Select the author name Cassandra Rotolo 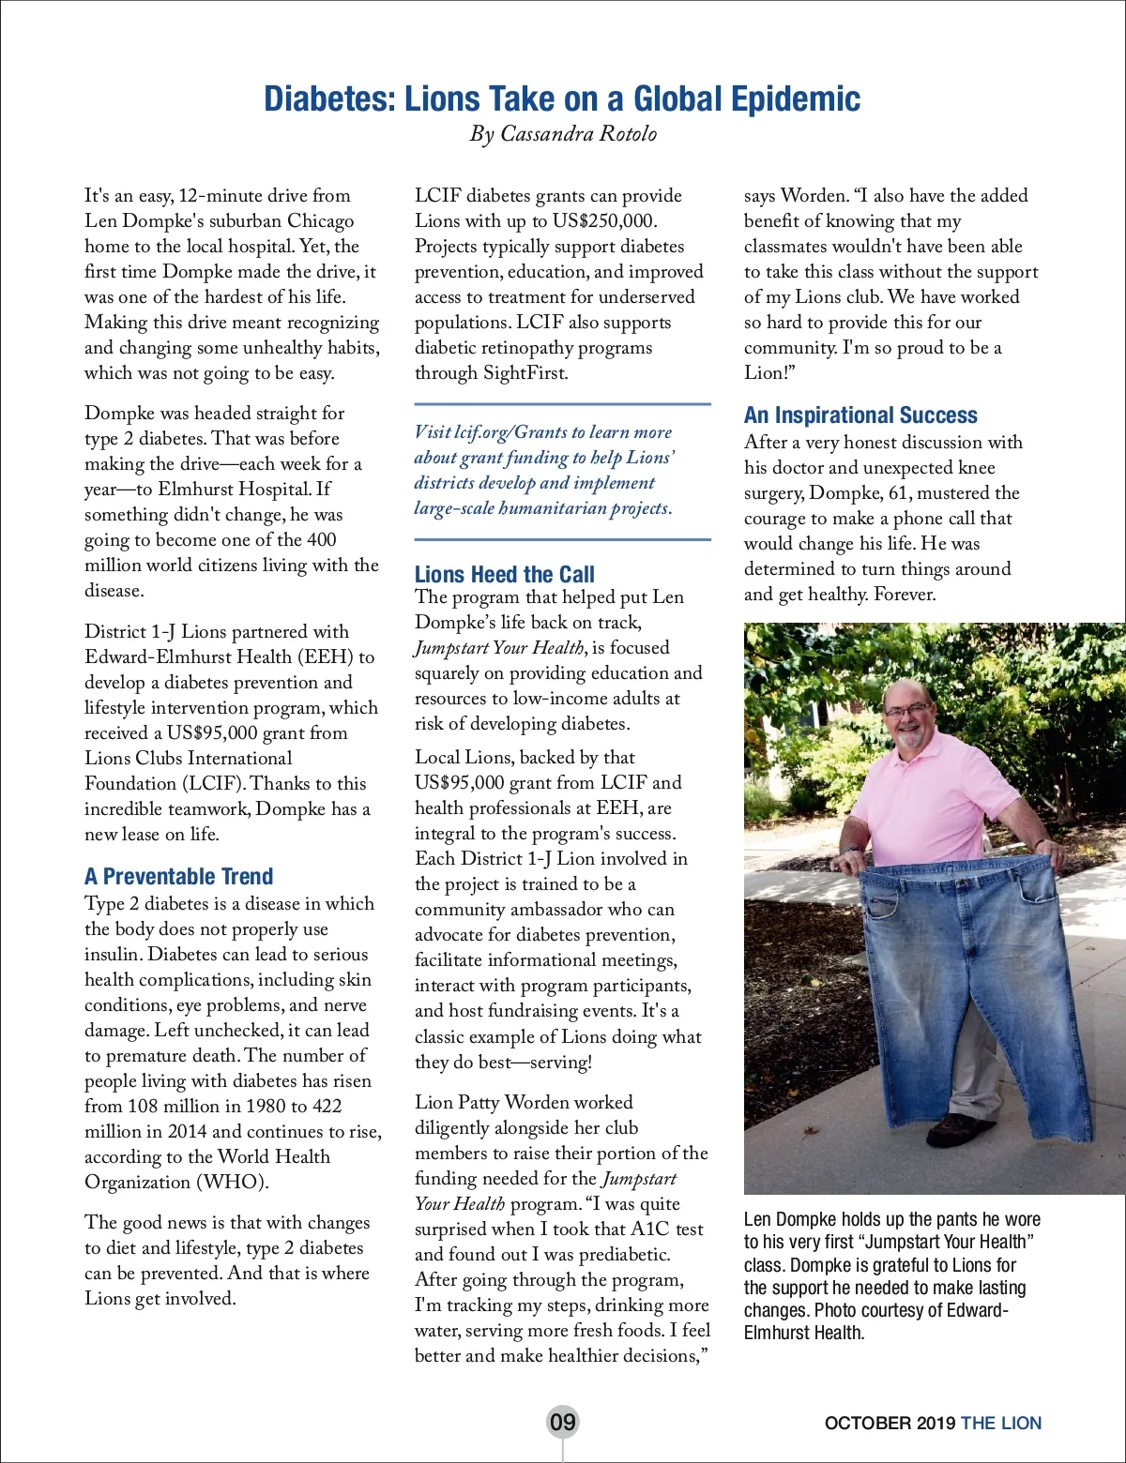pyautogui.click(x=578, y=134)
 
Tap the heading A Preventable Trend pyautogui.click(x=178, y=877)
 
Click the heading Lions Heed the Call pyautogui.click(x=504, y=574)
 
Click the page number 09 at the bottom pyautogui.click(x=562, y=1422)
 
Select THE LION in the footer pyautogui.click(x=1001, y=1423)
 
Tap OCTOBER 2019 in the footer pyautogui.click(x=890, y=1423)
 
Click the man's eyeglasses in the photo pyautogui.click(x=907, y=710)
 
